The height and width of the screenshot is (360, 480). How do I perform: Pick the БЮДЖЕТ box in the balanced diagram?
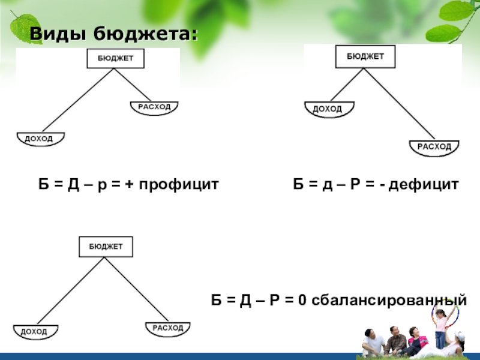point(106,247)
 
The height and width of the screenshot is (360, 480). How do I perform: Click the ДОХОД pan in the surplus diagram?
point(40,139)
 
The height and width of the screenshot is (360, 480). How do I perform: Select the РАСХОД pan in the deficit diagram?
point(434,147)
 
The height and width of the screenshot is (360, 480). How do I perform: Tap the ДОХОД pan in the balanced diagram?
point(35,331)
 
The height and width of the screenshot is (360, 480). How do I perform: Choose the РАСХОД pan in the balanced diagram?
point(167,329)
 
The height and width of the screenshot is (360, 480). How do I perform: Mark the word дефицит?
point(424,182)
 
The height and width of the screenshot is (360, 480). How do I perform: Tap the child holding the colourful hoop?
point(440,326)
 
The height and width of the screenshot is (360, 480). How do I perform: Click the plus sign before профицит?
point(130,182)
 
